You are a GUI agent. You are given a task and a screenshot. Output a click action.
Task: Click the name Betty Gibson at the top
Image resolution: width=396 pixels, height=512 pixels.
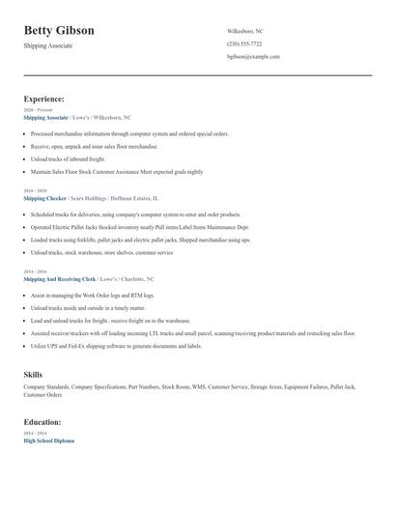coord(59,30)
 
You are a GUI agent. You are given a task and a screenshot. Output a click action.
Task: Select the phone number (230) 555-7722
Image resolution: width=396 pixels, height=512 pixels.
coord(244,43)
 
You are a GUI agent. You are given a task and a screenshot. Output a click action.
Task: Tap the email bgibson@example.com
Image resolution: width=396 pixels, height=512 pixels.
coord(253,57)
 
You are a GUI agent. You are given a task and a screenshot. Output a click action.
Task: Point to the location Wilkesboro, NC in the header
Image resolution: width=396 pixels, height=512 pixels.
coord(245,31)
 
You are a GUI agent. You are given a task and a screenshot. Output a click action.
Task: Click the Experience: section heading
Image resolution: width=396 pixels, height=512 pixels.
coord(44,99)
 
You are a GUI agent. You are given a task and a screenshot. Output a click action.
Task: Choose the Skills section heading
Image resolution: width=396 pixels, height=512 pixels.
coord(33,373)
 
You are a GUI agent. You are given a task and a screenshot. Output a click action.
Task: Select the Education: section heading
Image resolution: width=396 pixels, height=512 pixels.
coord(42,422)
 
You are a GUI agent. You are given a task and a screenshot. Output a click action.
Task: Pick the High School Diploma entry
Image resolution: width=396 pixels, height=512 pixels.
coord(48,441)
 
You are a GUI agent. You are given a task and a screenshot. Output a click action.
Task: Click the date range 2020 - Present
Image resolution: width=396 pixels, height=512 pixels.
coord(39,110)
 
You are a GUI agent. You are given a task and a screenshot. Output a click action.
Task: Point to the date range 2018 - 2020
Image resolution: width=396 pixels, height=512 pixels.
coord(35,191)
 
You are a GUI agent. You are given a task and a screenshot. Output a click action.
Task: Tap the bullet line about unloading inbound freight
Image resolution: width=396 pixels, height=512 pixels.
coord(68,158)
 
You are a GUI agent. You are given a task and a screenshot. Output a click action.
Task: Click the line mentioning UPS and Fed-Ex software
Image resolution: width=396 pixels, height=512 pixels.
coord(116,345)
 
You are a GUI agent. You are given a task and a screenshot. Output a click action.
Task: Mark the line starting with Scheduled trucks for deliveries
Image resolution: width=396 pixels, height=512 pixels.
coord(135,213)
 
